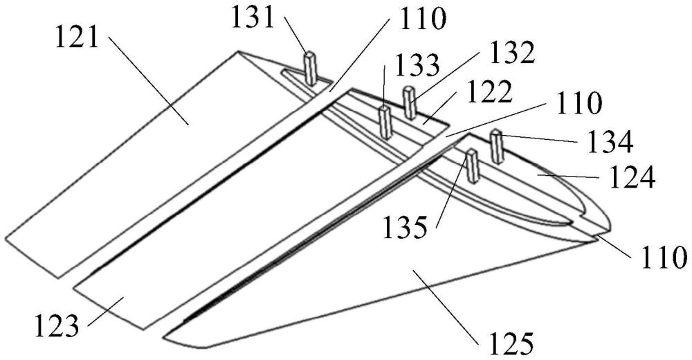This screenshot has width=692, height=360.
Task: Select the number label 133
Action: pos(417,66)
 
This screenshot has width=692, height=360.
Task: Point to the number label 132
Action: pos(512,54)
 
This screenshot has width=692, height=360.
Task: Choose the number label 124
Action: pos(632,177)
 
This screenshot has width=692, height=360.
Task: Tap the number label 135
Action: pos(405,228)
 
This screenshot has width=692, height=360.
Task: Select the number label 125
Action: pos(511,343)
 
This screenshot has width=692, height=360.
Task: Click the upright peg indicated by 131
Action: pos(311,69)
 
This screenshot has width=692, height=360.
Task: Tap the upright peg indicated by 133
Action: pos(385,123)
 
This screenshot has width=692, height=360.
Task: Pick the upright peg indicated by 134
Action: pos(498,146)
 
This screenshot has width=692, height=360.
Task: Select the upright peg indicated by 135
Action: pos(473,166)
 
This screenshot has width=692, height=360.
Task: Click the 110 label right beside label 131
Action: pos(423,19)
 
